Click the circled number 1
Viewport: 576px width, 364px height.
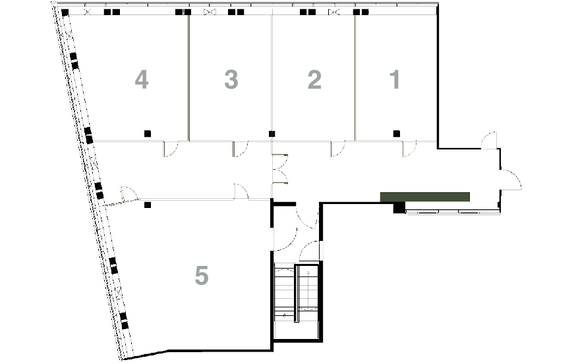[396, 80]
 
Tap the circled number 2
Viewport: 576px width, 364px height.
[314, 80]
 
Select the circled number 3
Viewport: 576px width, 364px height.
[231, 80]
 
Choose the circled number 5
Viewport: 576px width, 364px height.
[201, 274]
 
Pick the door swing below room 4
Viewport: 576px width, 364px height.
[170, 149]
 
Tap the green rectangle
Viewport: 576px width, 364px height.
[424, 196]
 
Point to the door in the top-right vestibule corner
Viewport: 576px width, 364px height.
[489, 140]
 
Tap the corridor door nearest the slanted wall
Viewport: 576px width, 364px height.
[127, 194]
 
